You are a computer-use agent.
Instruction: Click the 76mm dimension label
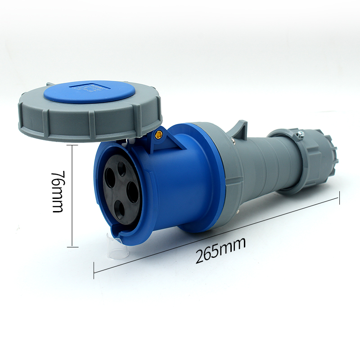coord(57,193)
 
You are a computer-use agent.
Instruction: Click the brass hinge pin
coord(158,134)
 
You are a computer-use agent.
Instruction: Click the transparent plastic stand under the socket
coord(112,250)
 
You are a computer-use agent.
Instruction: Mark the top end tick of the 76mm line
coord(72,145)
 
